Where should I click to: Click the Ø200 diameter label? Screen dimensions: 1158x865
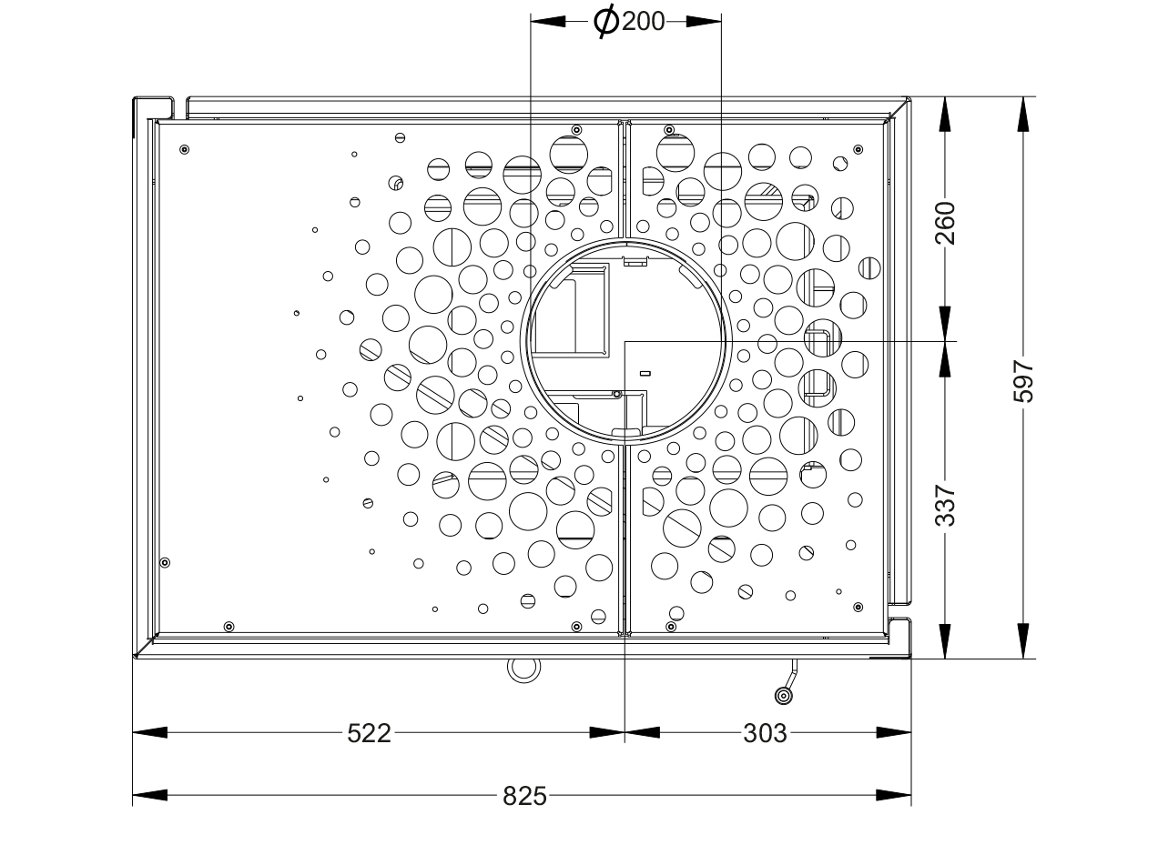click(629, 22)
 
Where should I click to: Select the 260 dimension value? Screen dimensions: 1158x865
click(945, 223)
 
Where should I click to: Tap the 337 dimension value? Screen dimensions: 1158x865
click(945, 506)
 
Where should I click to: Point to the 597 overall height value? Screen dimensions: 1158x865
click(1023, 381)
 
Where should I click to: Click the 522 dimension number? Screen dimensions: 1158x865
click(370, 733)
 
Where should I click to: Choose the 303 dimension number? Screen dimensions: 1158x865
click(765, 733)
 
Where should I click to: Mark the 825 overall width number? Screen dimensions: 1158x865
click(524, 796)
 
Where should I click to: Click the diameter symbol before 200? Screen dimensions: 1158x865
click(605, 22)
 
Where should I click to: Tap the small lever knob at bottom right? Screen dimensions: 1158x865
click(784, 697)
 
